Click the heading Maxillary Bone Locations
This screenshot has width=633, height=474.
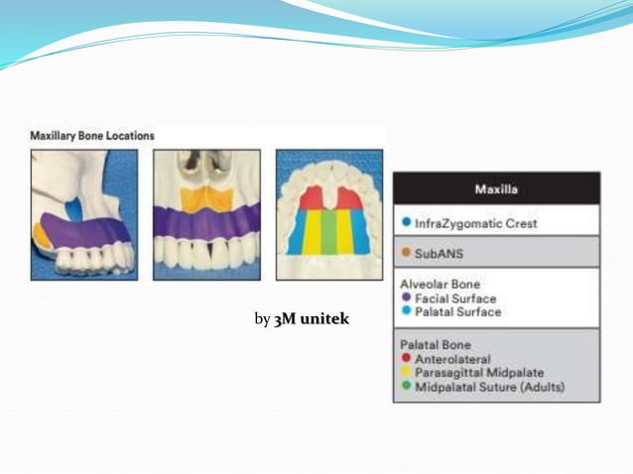pyautogui.click(x=91, y=134)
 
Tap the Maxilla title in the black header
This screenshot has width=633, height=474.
pyautogui.click(x=496, y=188)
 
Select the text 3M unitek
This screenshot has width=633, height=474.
pyautogui.click(x=312, y=319)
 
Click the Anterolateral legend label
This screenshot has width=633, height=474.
pyautogui.click(x=452, y=358)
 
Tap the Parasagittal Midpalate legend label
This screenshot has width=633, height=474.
pyautogui.click(x=479, y=372)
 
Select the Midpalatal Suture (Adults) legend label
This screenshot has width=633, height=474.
pyautogui.click(x=490, y=387)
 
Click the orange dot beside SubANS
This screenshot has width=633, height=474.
pyautogui.click(x=407, y=252)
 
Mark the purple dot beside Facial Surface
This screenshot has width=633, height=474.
pyautogui.click(x=407, y=297)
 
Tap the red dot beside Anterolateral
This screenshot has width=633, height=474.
pyautogui.click(x=407, y=358)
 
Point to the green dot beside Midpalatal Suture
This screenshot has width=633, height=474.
pyautogui.click(x=407, y=387)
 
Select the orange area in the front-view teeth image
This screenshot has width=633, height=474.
pyautogui.click(x=206, y=196)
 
